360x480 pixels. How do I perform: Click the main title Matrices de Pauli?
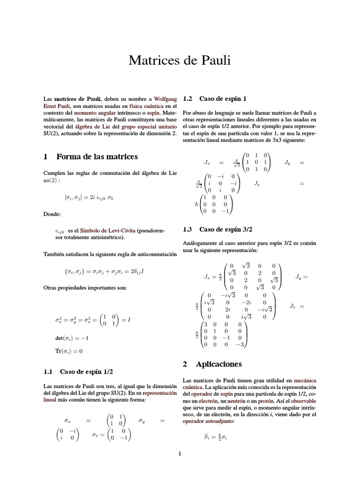(180, 61)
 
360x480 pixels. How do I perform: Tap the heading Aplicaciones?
(212, 364)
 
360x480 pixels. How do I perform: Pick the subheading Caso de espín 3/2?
(217, 229)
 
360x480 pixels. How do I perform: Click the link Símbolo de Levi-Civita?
(108, 231)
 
